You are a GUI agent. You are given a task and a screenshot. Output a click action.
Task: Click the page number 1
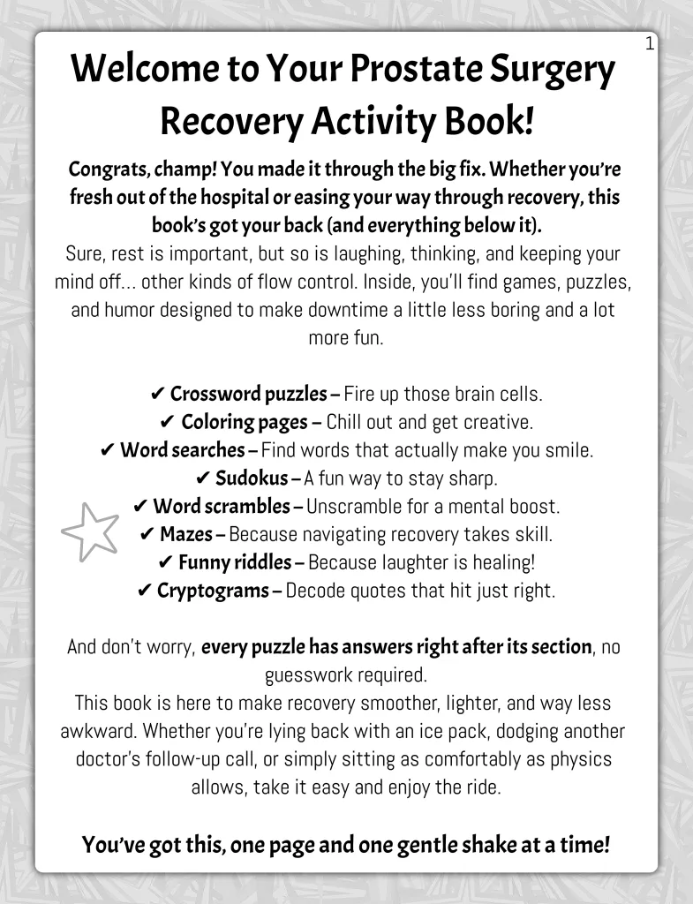pos(650,43)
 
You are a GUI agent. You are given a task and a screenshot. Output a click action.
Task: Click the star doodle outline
pos(90,531)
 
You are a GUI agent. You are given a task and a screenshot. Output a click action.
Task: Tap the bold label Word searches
pos(182,450)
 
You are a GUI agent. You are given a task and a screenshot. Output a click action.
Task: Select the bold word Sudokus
pos(252,478)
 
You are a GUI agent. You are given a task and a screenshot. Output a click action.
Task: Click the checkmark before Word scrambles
pos(139,507)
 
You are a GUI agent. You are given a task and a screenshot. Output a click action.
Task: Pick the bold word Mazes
pos(186,534)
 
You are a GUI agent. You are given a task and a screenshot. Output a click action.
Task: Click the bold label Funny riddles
pos(235,562)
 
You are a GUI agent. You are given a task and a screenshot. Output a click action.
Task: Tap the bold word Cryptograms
pos(212,591)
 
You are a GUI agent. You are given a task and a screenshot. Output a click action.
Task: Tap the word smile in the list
pos(567,450)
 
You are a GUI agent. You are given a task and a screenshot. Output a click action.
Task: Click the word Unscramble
pos(355,507)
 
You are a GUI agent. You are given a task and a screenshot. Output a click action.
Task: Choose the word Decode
pos(315,591)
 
